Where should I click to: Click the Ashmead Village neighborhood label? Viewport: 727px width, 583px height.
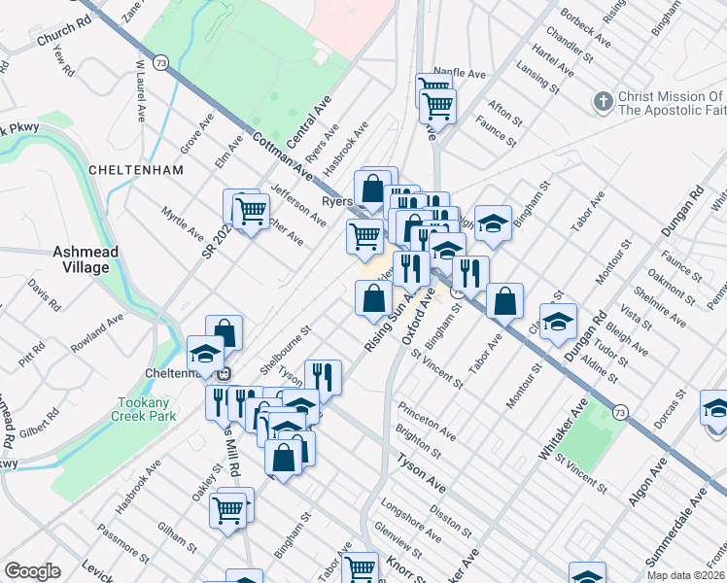coord(86,259)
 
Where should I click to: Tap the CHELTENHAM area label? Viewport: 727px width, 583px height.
coord(136,169)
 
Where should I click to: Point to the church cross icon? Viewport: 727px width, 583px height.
coord(603,101)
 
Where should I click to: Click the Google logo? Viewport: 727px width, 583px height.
coord(32,571)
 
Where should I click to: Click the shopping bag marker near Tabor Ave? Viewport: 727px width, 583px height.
coord(504,301)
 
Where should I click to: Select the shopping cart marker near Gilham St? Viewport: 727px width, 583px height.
coord(228,507)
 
